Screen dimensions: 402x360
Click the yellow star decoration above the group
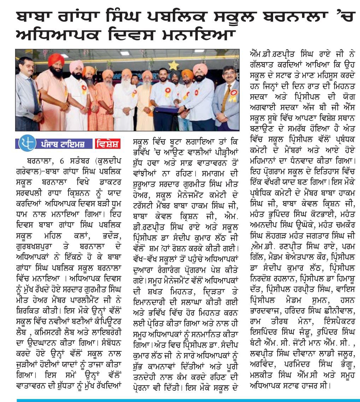pyautogui.click(x=173, y=65)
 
